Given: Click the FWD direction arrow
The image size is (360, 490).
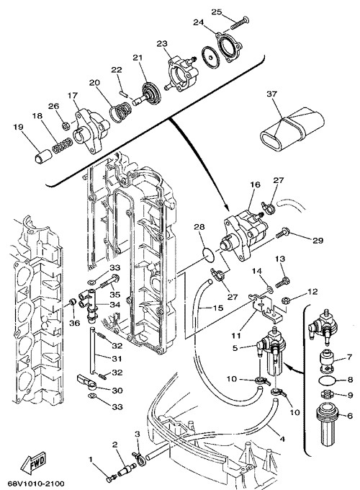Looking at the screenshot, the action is [x=34, y=463].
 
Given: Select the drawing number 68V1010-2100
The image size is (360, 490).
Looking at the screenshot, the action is [x=33, y=484].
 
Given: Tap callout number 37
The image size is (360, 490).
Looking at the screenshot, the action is [x=272, y=94].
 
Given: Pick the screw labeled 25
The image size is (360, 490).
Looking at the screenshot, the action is [x=240, y=23].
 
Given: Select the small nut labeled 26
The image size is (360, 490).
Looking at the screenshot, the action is [x=66, y=126].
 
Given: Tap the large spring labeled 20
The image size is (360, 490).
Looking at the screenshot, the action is [x=120, y=113].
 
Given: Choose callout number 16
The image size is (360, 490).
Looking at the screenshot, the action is [x=255, y=184].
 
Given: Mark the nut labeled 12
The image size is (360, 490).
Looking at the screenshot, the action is [x=285, y=301].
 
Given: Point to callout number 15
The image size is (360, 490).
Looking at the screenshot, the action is [x=218, y=308].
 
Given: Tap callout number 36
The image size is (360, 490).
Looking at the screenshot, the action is [x=75, y=323].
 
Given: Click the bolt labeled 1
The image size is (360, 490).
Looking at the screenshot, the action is [x=111, y=478].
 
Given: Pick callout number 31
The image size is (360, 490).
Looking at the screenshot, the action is [x=117, y=358].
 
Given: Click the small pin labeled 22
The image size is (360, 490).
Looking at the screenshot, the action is [x=122, y=94].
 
